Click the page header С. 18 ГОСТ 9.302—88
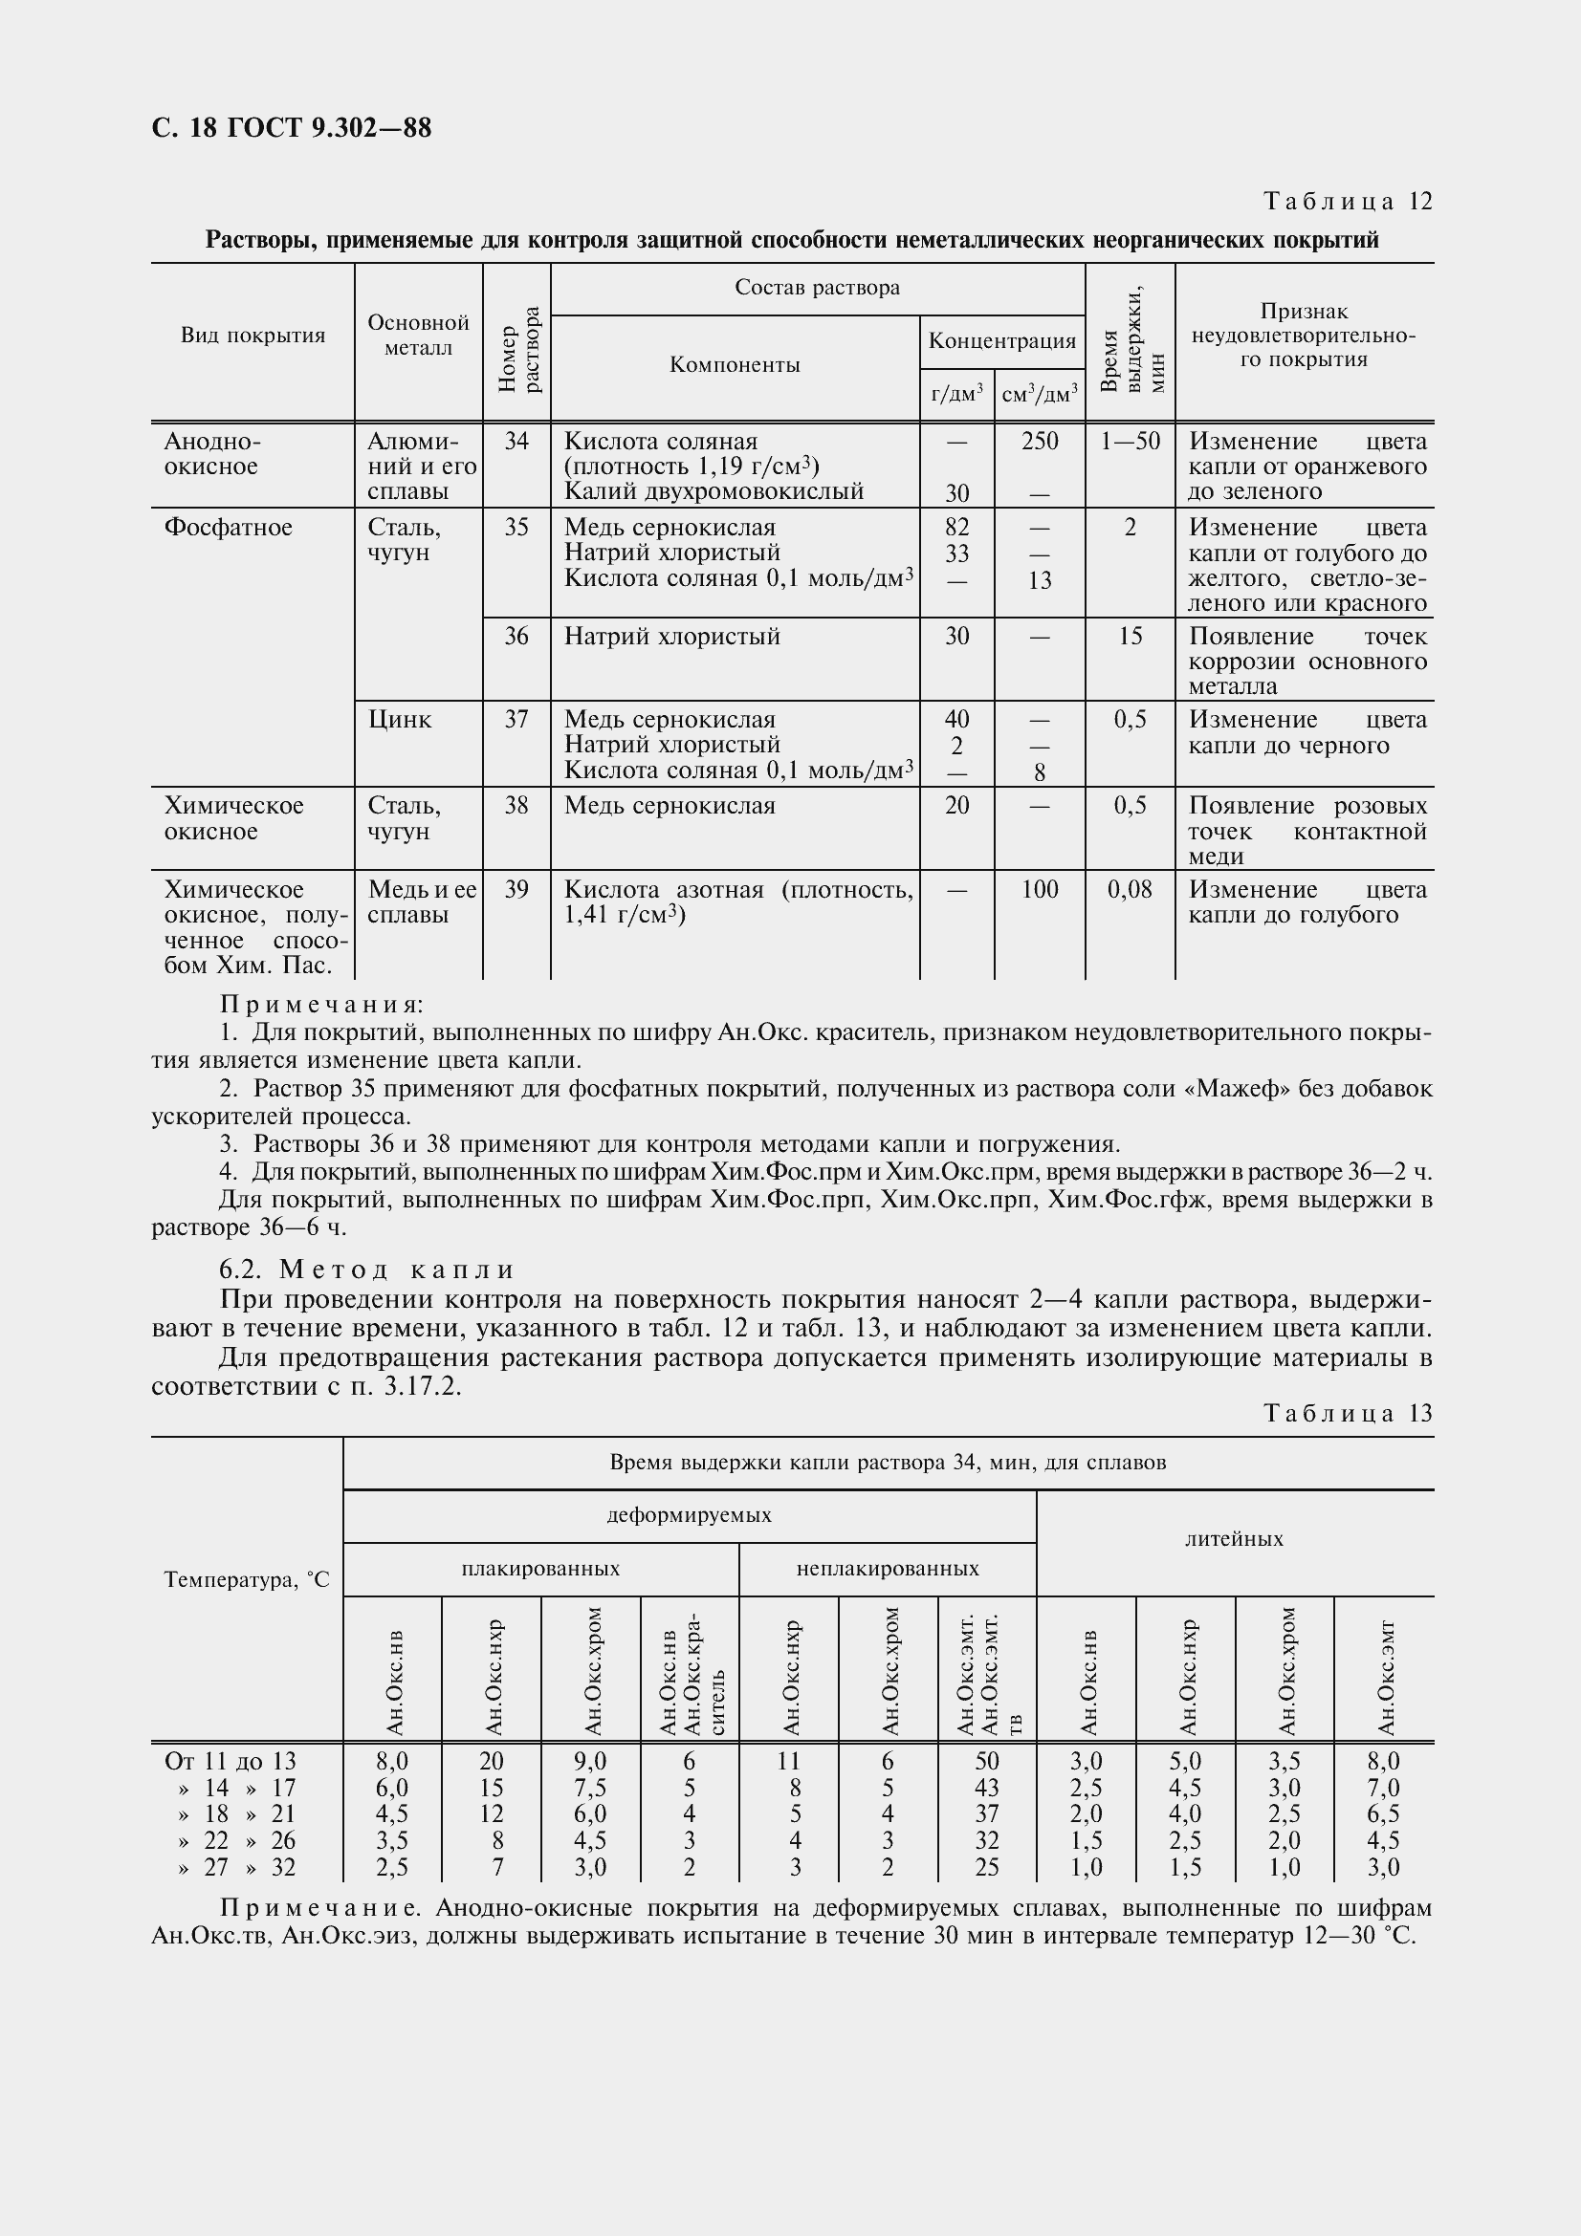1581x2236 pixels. pyautogui.click(x=292, y=128)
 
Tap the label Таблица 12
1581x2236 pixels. pyautogui.click(x=1348, y=202)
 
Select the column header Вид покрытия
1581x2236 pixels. pyautogui.click(x=253, y=336)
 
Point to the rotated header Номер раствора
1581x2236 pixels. pyautogui.click(x=517, y=350)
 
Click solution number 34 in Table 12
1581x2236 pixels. pyautogui.click(x=516, y=441)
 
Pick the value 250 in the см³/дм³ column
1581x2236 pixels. pyautogui.click(x=1040, y=441)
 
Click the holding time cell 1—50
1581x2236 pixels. pyautogui.click(x=1130, y=441)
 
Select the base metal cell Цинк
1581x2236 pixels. pyautogui.click(x=400, y=720)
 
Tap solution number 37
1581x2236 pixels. pyautogui.click(x=516, y=720)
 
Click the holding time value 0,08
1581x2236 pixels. pyautogui.click(x=1130, y=889)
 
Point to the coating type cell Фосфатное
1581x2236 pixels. pyautogui.click(x=228, y=528)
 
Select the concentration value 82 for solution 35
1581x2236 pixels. pyautogui.click(x=956, y=528)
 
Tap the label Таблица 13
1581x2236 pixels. pyautogui.click(x=1348, y=1413)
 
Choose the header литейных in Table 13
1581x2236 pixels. pyautogui.click(x=1233, y=1540)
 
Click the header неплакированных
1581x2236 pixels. pyautogui.click(x=887, y=1569)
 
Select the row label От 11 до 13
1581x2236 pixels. pyautogui.click(x=230, y=1761)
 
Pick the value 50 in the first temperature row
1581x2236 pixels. pyautogui.click(x=986, y=1761)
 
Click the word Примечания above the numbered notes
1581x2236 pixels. pyautogui.click(x=321, y=1004)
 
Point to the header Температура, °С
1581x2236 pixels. pyautogui.click(x=247, y=1579)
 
